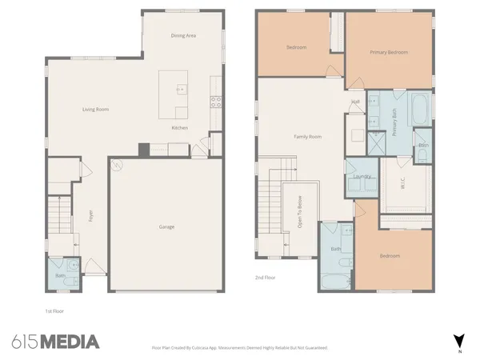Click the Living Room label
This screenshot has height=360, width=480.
96,110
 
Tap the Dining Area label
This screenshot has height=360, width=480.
184,36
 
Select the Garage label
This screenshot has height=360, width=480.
166,226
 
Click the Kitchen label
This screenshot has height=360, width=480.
179,128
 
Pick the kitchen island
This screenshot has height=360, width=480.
174,94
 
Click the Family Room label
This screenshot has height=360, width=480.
309,137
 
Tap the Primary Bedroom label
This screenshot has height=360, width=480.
389,53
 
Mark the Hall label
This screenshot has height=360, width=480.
355,102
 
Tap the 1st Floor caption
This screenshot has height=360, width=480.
54,310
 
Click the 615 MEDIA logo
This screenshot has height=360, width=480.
55,342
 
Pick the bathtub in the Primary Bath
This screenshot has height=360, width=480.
419,107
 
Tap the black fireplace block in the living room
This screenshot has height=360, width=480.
143,149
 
